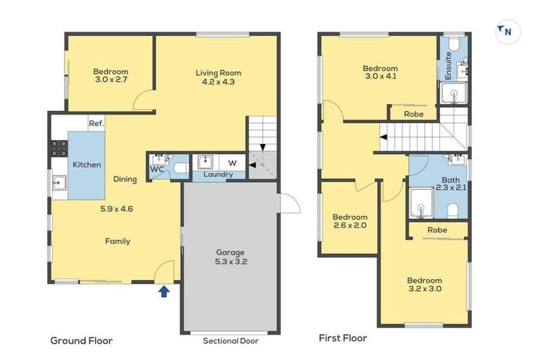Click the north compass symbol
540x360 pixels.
pos(508,32)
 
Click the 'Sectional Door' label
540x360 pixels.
pos(231,341)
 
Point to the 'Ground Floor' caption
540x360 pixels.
pos(82,340)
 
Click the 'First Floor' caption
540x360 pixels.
pos(343,337)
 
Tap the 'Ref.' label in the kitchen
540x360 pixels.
pos(96,124)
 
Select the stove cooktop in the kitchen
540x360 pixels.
pos(58,148)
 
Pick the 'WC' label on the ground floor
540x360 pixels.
pos(156,169)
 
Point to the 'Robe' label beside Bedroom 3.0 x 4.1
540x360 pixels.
pos(413,113)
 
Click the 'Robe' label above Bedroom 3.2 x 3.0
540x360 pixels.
pos(437,230)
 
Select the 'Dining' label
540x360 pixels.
pos(125,179)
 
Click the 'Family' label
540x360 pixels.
pos(117,241)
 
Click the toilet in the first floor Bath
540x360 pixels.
pos(453,210)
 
